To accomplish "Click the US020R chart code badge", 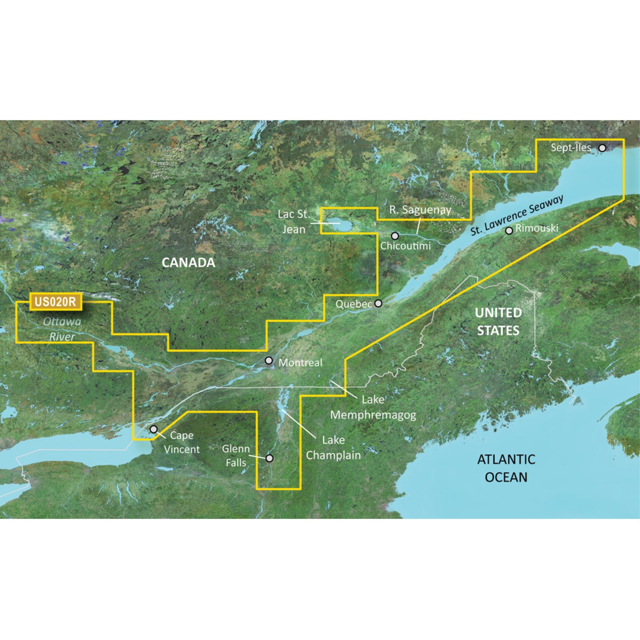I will tap(56, 301).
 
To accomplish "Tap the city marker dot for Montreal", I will tap(269, 360).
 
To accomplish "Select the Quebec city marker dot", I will tap(378, 303).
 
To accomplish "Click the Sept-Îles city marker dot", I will tap(602, 148).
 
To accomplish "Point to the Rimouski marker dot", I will tap(509, 230).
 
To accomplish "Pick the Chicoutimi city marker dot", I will tap(395, 236).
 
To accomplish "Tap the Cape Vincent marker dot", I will tap(153, 429).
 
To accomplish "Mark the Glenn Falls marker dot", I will tap(270, 458).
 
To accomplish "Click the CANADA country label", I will tap(188, 263).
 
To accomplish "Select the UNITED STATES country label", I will tap(498, 321).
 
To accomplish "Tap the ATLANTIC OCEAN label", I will tap(506, 468).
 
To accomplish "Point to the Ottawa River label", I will tap(62, 329).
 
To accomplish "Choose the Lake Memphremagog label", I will tap(373, 407).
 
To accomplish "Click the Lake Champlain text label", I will tap(333, 448).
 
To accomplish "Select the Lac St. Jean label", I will tap(293, 221).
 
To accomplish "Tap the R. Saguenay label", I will tap(420, 210).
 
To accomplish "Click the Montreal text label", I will tap(300, 363).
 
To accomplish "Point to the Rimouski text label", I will tap(537, 228).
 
